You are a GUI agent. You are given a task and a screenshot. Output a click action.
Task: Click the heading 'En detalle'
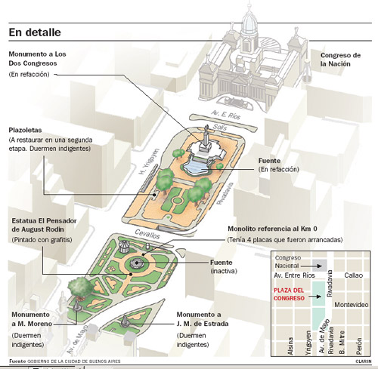(35, 32)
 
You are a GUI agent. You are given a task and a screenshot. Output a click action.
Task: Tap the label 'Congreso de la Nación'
(340, 60)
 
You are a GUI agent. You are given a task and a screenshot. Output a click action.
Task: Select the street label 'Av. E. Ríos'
(226, 115)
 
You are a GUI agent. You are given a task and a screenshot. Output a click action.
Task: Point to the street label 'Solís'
(220, 127)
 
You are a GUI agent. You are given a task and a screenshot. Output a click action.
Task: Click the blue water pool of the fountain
(196, 168)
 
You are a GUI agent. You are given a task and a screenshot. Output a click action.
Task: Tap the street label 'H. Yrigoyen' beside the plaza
(149, 161)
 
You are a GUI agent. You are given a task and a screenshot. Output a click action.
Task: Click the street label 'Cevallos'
(147, 234)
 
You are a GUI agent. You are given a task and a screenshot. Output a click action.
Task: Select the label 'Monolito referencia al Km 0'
(272, 229)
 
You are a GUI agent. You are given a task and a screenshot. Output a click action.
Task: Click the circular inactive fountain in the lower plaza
(137, 263)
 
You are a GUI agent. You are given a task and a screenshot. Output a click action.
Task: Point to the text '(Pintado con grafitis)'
(42, 240)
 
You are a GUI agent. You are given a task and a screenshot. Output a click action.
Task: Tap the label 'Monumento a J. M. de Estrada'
(203, 319)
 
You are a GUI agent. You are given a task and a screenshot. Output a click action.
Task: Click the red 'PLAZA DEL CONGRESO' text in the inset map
(289, 294)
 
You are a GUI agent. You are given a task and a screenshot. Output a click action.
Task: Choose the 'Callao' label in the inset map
(354, 275)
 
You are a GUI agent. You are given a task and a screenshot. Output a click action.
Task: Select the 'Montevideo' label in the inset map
(352, 305)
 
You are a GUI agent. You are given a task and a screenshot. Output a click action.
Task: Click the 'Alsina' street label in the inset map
(290, 346)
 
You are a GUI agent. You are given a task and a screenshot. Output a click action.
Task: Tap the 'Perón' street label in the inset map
(359, 346)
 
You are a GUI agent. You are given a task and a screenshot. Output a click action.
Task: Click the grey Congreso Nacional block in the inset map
(320, 266)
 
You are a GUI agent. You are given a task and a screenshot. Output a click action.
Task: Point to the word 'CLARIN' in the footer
(364, 361)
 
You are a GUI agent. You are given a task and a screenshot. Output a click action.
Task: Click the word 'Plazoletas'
(25, 130)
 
